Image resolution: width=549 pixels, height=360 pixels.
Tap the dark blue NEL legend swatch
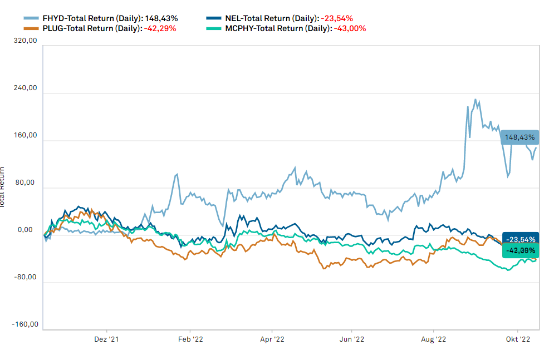(214, 18)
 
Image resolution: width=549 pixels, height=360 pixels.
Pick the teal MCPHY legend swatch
(214, 28)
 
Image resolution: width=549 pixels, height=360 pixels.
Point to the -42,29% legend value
(160, 28)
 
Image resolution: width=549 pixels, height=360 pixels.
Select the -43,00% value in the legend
(350, 28)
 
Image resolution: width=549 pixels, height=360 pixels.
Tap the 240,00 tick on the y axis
(26, 88)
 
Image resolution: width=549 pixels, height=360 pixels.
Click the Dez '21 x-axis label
(107, 339)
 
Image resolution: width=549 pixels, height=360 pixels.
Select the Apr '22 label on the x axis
(272, 339)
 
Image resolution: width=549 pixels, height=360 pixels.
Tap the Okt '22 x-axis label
(517, 339)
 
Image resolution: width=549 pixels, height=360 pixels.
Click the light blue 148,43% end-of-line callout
(520, 137)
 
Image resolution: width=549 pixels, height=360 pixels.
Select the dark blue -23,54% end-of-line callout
(521, 239)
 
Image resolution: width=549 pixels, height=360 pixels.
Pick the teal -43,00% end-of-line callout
(521, 251)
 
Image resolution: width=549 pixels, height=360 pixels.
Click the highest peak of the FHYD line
(475, 100)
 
